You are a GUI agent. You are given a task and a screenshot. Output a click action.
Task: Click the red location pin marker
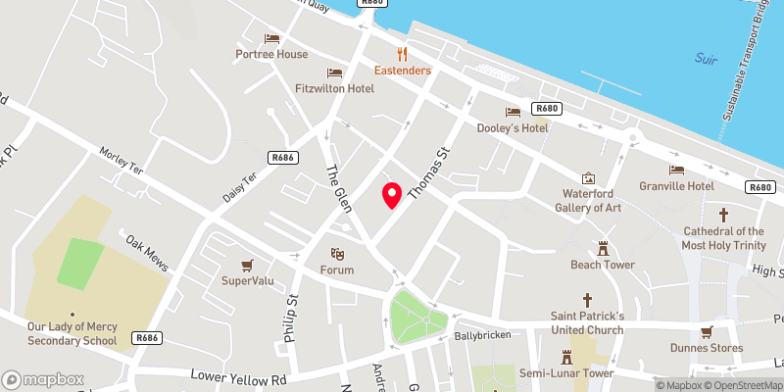click(392, 195)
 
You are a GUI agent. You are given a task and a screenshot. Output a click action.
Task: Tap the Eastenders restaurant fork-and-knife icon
click(402, 53)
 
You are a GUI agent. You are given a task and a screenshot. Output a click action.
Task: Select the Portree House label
click(271, 54)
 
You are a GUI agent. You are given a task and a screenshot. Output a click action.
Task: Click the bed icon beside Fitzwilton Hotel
click(334, 72)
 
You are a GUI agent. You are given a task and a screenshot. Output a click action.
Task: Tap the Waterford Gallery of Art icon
click(588, 178)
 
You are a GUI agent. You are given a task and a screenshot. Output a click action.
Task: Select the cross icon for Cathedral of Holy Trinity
click(724, 214)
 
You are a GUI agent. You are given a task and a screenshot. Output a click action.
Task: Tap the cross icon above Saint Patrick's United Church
click(588, 299)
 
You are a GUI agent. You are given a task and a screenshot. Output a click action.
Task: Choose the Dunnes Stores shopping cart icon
click(708, 330)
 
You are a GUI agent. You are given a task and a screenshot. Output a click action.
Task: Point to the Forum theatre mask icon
click(336, 253)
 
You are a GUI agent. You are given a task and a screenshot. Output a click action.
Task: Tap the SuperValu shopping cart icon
click(247, 265)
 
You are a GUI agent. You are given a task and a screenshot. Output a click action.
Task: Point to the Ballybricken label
click(478, 336)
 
